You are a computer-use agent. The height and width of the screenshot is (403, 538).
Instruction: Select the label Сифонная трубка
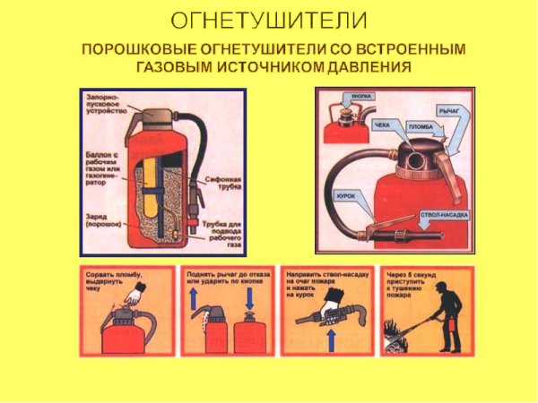pos(221,182)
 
